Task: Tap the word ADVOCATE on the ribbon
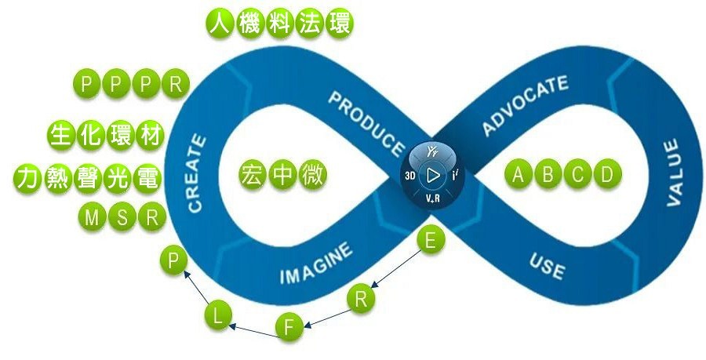[x=524, y=106]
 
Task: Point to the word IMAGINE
[x=316, y=264]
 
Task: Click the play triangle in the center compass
[x=431, y=175]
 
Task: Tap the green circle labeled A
[x=518, y=174]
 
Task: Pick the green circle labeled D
[x=606, y=174]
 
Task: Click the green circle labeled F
[x=289, y=326]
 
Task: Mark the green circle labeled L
[x=219, y=315]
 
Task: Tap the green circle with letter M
[x=91, y=217]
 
